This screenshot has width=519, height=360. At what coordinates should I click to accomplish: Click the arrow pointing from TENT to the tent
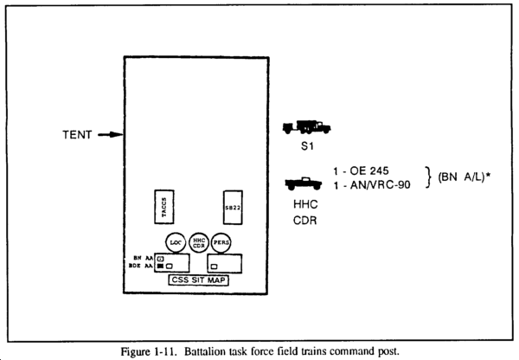pos(108,135)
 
